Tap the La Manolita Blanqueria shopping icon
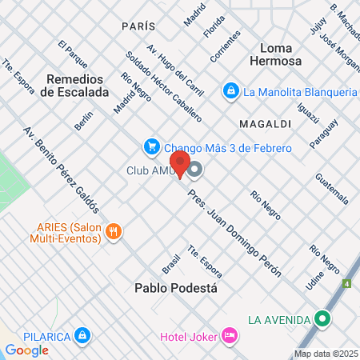click(x=231, y=91)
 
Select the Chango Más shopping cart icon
click(x=150, y=146)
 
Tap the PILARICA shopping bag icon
click(x=81, y=335)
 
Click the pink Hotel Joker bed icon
click(x=229, y=334)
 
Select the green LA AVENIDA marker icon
click(x=323, y=319)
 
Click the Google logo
click(x=26, y=350)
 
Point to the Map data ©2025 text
click(x=325, y=354)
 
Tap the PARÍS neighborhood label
click(x=138, y=26)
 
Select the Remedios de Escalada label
click(x=77, y=86)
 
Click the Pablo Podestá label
click(x=176, y=287)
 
